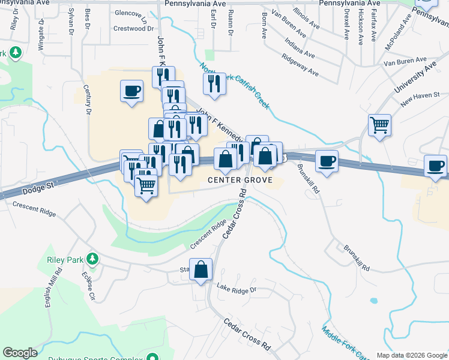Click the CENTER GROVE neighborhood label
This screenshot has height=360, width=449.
point(240,180)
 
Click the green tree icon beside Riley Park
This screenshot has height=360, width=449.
point(92,259)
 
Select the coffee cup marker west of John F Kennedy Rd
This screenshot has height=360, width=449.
point(132,91)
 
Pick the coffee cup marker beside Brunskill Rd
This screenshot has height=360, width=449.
point(327,161)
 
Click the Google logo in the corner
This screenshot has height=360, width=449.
point(20,353)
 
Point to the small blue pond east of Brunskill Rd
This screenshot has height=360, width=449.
point(375,300)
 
